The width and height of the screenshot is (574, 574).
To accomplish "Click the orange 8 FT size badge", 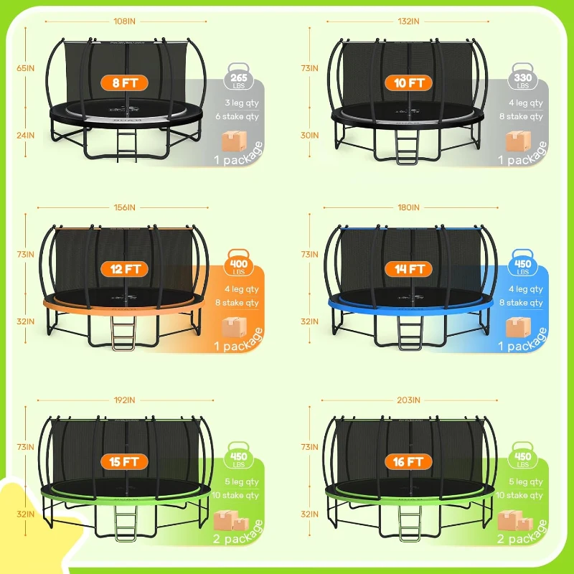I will (x=125, y=83).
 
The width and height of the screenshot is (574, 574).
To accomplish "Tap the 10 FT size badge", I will (x=408, y=83).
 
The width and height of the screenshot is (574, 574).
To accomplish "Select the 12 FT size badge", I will (x=125, y=269).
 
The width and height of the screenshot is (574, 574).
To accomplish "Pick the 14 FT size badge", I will (x=408, y=269).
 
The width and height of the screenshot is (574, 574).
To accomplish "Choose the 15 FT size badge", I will (x=125, y=461).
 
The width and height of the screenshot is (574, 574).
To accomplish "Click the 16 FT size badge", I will (x=408, y=461).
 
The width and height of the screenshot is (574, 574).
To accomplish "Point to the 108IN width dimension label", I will (x=124, y=21).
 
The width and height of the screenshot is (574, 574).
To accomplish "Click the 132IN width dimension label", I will (x=408, y=21).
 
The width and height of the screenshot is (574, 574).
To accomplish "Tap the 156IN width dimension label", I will (x=124, y=207).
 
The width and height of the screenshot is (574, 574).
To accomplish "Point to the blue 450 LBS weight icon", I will (x=522, y=265).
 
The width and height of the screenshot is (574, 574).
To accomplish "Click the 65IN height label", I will (x=26, y=68).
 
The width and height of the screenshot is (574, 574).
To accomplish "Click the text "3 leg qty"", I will (x=242, y=103).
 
